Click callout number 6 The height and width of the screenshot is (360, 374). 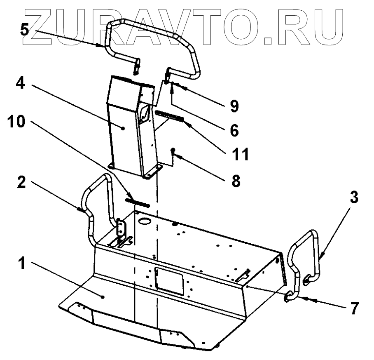coord(234,130)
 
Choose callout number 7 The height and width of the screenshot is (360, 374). coord(354,307)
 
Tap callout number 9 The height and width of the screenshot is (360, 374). coord(234,106)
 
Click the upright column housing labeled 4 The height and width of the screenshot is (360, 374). coord(124,128)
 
